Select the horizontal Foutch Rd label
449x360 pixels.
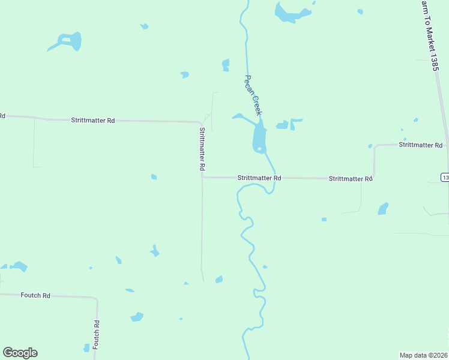[35, 295]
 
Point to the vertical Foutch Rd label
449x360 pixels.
[96, 332]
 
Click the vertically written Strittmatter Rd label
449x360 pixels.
[202, 149]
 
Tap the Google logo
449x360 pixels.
[20, 353]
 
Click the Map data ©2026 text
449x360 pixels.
[423, 355]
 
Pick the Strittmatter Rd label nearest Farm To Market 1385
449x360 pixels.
[420, 145]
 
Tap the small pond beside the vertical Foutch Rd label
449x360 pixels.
[86, 347]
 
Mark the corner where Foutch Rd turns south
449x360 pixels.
[96, 298]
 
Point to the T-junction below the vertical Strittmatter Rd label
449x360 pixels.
[202, 177]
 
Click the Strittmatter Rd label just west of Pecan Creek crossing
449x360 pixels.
[259, 178]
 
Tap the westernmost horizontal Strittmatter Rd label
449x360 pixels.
[92, 121]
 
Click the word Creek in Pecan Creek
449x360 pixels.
[258, 106]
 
